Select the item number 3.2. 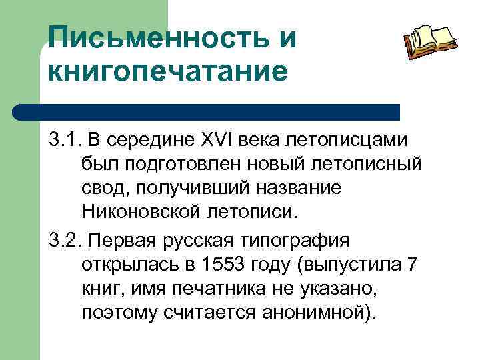(63, 239)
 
